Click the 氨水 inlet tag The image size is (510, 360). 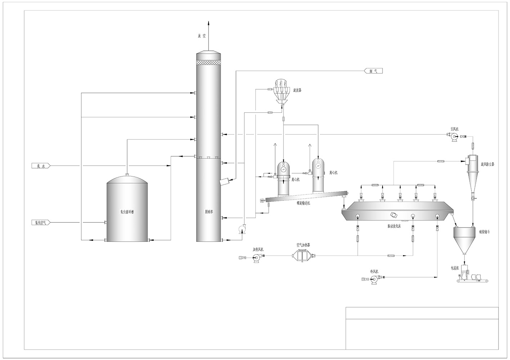pyautogui.click(x=40, y=166)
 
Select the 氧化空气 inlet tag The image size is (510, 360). pyautogui.click(x=40, y=222)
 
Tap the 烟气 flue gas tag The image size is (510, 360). pyautogui.click(x=373, y=71)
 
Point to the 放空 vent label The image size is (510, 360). pyautogui.click(x=201, y=36)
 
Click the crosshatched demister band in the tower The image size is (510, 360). pyautogui.click(x=208, y=62)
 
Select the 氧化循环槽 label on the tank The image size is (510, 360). pyautogui.click(x=126, y=212)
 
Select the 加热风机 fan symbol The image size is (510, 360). pyautogui.click(x=256, y=257)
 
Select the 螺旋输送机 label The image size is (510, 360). pyautogui.click(x=303, y=203)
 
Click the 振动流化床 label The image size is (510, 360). pyautogui.click(x=396, y=226)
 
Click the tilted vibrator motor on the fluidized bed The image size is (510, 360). pyautogui.click(x=394, y=215)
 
